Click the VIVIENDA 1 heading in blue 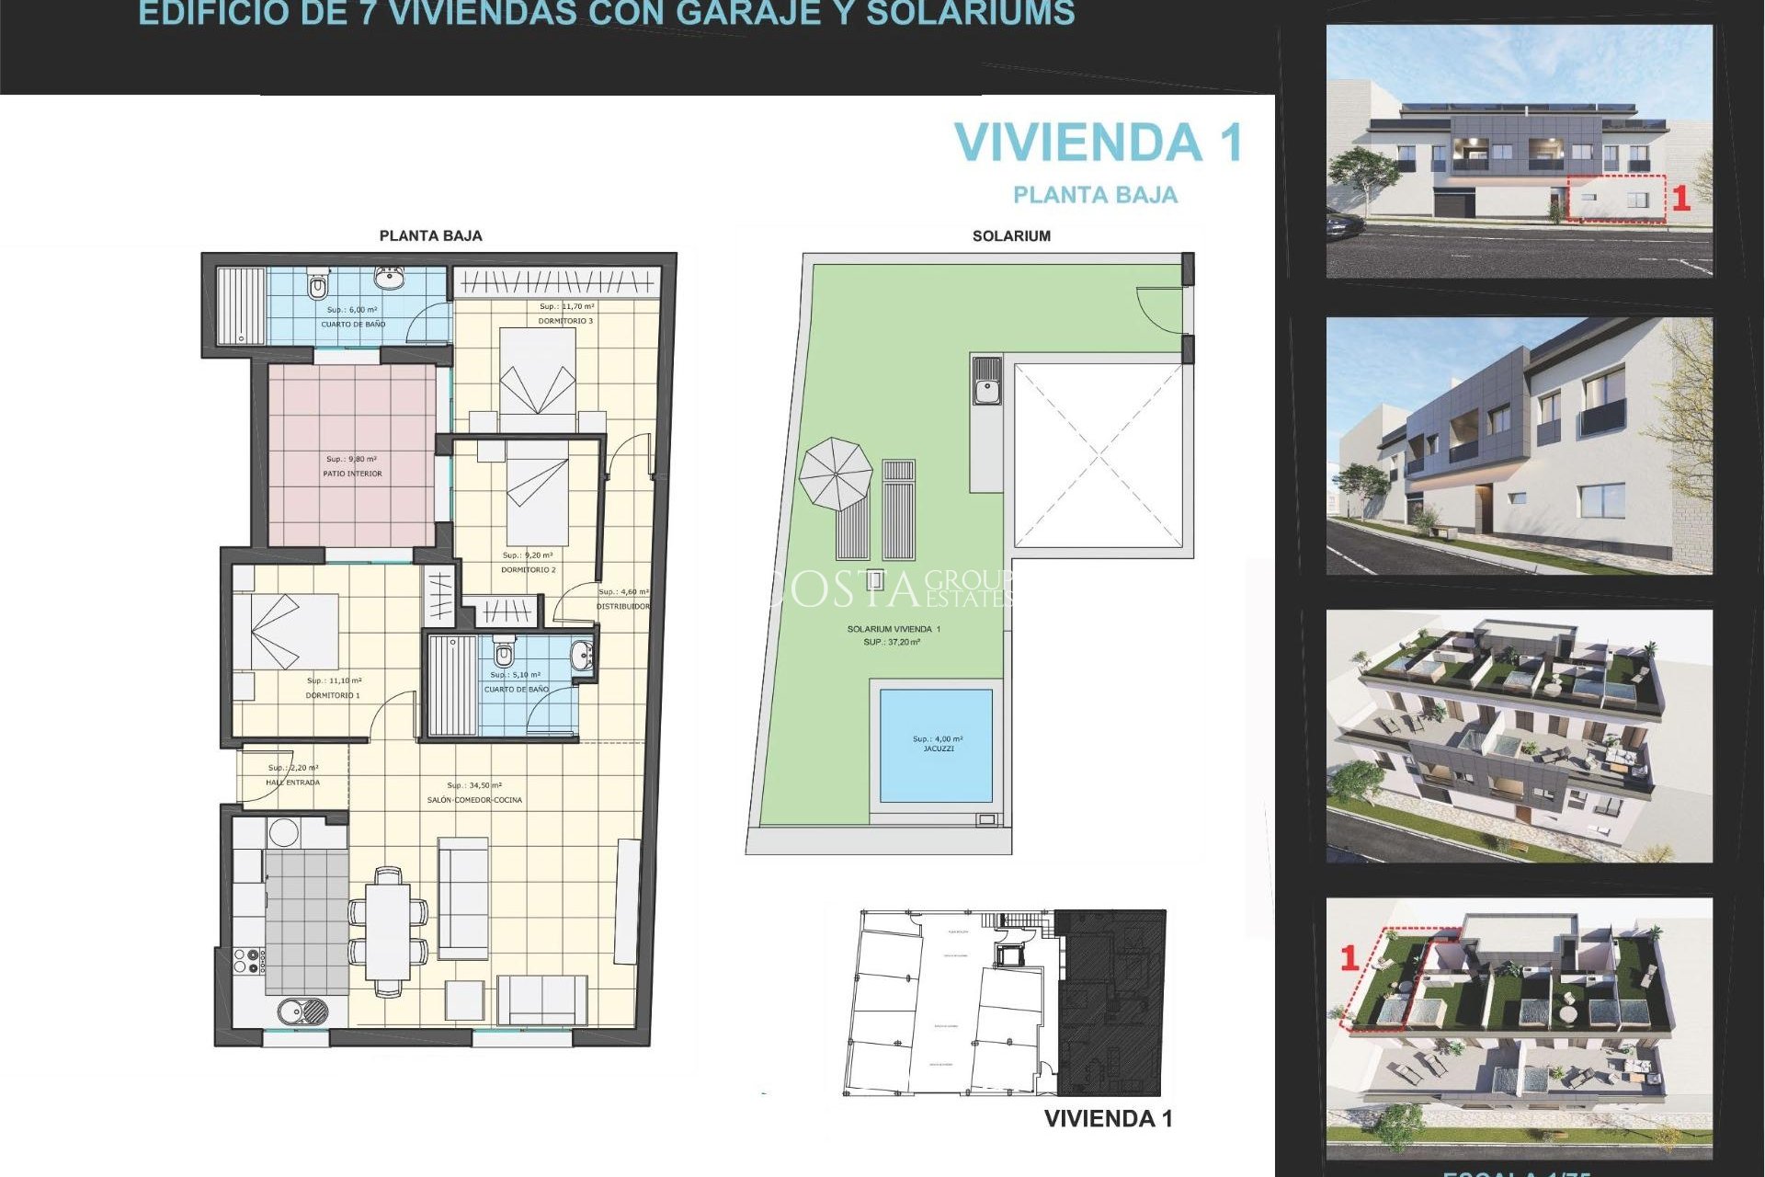click(1099, 143)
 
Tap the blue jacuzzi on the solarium click(936, 745)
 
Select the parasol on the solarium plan click(835, 474)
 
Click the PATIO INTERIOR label click(352, 474)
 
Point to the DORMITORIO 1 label click(333, 695)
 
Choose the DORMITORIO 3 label click(565, 321)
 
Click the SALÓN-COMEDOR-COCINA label click(474, 800)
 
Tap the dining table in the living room click(388, 931)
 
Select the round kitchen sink click(303, 1011)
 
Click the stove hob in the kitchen click(248, 961)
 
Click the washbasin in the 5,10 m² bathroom click(581, 657)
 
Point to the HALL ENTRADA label click(292, 783)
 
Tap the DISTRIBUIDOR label click(622, 606)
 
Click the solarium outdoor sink click(987, 381)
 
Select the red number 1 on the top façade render click(1680, 199)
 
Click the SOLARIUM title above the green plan click(1011, 236)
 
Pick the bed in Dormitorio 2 click(538, 497)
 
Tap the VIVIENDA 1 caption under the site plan click(1108, 1119)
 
